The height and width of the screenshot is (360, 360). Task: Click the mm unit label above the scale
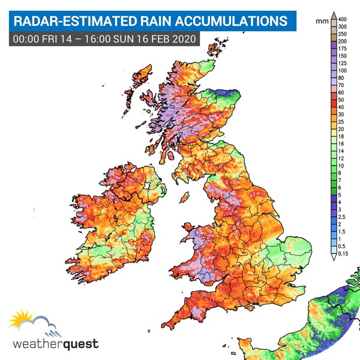click(x=321, y=20)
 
